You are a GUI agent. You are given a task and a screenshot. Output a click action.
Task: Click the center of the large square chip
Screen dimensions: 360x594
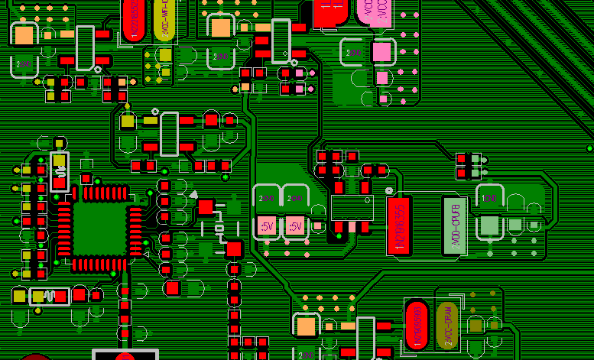click(x=97, y=229)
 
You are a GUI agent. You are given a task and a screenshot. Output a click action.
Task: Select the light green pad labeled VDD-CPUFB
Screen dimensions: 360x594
click(x=454, y=225)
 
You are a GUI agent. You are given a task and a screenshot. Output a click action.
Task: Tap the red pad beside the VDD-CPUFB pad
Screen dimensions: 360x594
click(x=399, y=225)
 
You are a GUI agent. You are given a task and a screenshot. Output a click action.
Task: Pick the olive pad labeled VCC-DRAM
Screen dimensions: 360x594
click(x=446, y=326)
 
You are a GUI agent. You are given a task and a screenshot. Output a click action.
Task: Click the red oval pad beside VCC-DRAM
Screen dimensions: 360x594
click(x=417, y=326)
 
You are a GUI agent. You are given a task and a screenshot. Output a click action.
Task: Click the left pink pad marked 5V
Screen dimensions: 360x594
click(x=266, y=226)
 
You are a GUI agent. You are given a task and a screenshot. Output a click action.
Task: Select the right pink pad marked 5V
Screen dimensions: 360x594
click(x=294, y=226)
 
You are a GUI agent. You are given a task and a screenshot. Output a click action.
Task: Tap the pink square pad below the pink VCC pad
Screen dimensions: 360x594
click(x=380, y=51)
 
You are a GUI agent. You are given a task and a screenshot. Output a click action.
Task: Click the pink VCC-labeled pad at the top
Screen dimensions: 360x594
click(x=374, y=11)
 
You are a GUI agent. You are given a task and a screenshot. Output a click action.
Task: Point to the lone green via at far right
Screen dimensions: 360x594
click(x=589, y=148)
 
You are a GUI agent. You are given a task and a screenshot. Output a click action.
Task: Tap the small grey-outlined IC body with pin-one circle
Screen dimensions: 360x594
click(x=352, y=207)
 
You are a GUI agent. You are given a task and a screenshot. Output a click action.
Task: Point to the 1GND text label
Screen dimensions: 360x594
click(x=489, y=199)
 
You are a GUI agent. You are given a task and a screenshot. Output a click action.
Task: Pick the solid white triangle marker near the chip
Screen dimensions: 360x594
click(x=193, y=196)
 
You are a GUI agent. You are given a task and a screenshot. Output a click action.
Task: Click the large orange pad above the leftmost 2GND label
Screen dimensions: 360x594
click(x=24, y=34)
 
